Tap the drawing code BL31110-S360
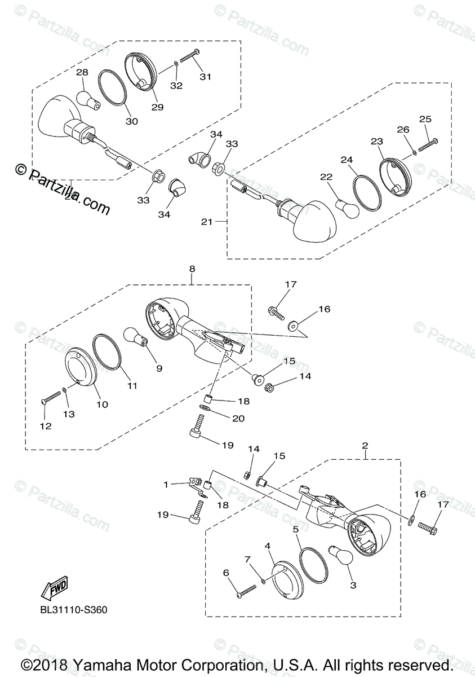(x=73, y=609)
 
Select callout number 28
(x=82, y=73)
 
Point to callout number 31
(x=205, y=76)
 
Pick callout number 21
(x=206, y=222)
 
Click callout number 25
(x=425, y=119)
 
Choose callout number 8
(x=192, y=269)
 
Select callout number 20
(x=238, y=418)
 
